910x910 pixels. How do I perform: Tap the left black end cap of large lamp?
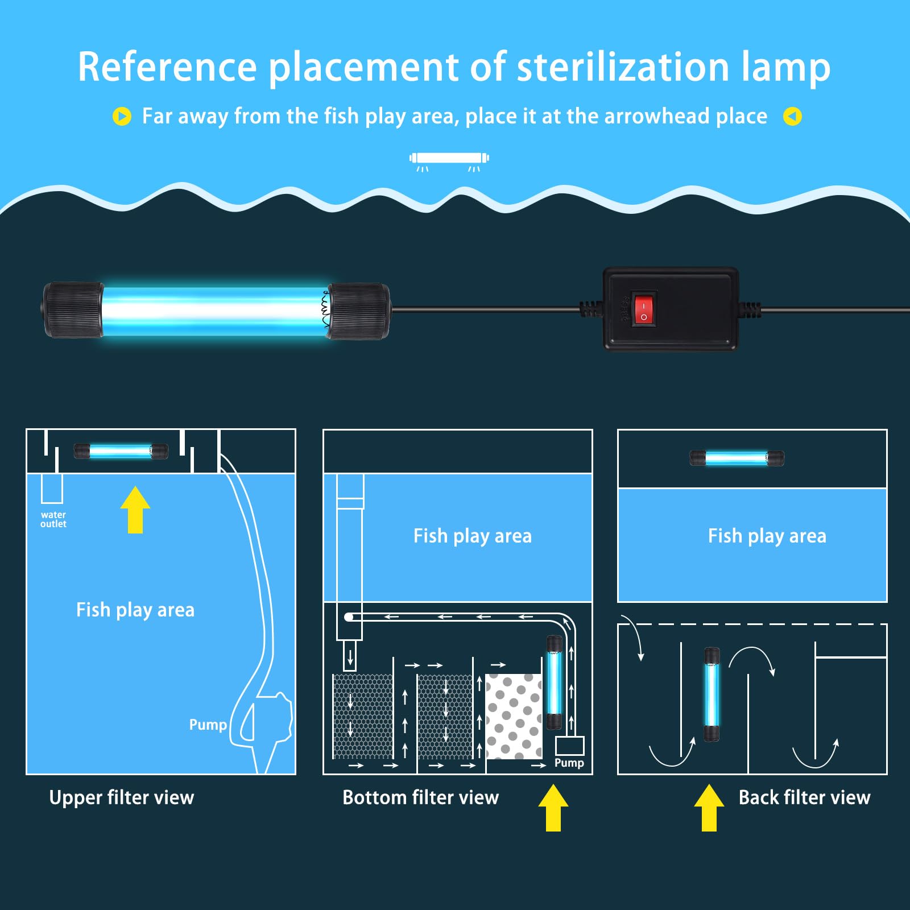tap(73, 311)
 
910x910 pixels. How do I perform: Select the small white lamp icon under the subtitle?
tap(449, 159)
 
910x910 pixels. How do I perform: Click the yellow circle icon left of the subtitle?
tap(122, 116)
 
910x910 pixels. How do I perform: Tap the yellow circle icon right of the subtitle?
tap(792, 117)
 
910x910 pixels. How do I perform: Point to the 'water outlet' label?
tap(53, 519)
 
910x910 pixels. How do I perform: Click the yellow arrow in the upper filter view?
tap(135, 510)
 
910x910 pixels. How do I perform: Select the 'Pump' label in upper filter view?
tap(208, 725)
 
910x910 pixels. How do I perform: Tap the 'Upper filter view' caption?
tap(122, 797)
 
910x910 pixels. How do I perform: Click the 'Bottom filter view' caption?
tap(420, 797)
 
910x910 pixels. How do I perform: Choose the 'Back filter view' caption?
tap(804, 797)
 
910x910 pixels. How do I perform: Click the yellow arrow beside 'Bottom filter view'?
tap(553, 808)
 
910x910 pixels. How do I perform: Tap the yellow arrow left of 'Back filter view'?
tap(709, 808)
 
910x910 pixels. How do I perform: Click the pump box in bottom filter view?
tap(569, 746)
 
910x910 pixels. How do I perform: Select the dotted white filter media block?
tap(514, 717)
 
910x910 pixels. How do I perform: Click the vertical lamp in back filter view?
tap(712, 694)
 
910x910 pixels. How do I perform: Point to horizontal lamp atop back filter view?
tap(737, 458)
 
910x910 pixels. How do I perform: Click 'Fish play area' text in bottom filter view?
tap(472, 536)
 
